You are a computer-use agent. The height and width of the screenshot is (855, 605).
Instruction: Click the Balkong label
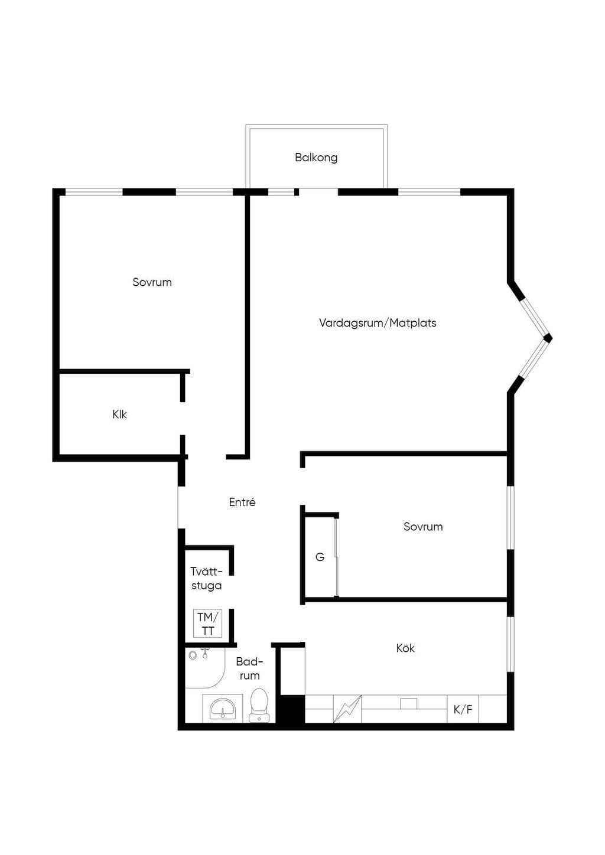pos(316,158)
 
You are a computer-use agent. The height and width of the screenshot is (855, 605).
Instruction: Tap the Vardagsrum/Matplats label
pos(378,323)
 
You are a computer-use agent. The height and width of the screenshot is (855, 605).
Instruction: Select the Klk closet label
pos(119,414)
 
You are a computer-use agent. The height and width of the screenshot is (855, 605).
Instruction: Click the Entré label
pos(242,502)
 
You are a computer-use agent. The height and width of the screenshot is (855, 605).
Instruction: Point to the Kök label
pos(405,648)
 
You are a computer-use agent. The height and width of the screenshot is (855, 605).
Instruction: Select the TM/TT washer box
pos(208,624)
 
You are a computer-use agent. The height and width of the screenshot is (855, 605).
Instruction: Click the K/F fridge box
pos(463,709)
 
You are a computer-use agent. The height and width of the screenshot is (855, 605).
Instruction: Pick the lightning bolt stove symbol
pos(347,709)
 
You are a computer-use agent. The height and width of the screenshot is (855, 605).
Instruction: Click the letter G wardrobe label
pos(320,557)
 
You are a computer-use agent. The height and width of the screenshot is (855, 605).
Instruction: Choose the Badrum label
pos(250,669)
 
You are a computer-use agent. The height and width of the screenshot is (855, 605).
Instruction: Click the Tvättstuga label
pos(206,578)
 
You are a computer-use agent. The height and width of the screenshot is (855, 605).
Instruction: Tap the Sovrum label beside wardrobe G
pos(423,527)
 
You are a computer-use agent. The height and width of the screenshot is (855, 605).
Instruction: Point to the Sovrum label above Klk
pos(152,282)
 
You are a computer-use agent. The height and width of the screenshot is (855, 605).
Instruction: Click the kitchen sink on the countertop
pos(409,703)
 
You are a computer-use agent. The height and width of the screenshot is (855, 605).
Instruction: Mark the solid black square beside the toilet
pos(290,709)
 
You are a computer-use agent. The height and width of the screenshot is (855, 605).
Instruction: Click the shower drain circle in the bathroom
pos(193,655)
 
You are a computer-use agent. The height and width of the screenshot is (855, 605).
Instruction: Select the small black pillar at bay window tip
pos(548,338)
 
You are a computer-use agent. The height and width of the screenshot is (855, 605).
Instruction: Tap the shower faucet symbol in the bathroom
pos(205,653)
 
